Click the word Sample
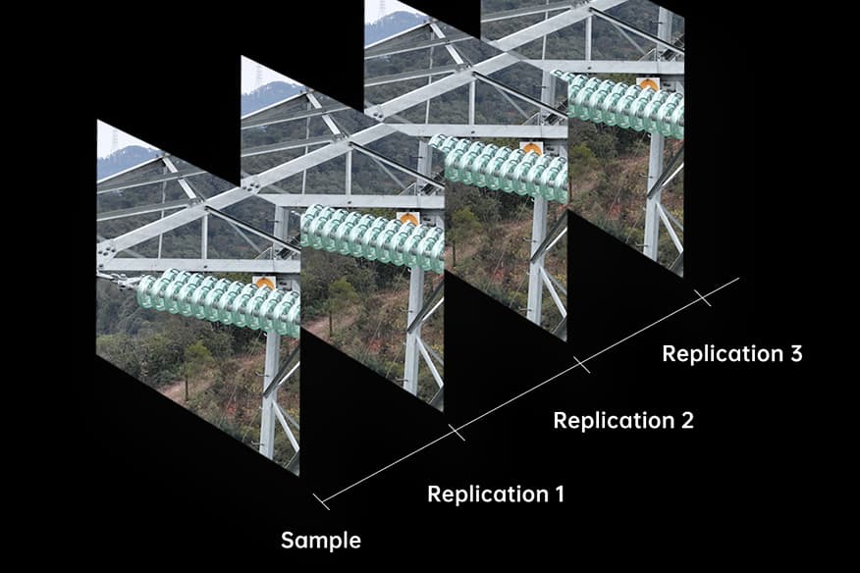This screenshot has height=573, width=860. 320,541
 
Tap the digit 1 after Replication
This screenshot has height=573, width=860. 558,494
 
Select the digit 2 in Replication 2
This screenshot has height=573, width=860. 685,420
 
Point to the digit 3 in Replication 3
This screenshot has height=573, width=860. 794,353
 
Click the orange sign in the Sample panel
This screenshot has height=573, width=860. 264,283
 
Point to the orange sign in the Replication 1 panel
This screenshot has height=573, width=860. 408,219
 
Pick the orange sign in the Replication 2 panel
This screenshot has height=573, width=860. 531,148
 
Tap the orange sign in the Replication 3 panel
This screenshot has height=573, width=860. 648,84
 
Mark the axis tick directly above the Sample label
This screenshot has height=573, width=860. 321,501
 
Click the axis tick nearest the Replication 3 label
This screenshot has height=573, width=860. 702,297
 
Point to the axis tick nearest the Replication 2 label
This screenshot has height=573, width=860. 581,365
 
